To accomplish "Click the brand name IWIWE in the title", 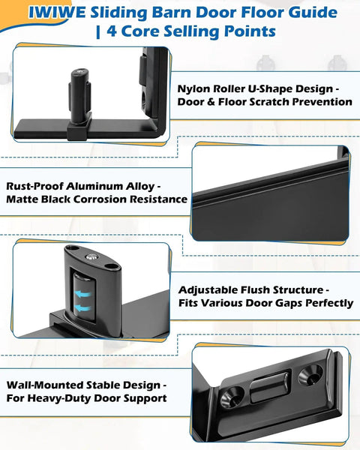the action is pos(57,13).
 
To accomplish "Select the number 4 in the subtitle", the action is pos(112,31).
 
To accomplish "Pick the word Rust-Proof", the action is pos(34,187).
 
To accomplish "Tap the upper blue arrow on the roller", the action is pos(83,294).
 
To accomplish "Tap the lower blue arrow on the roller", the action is pos(83,308).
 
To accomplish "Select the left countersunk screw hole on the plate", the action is pos(232,397).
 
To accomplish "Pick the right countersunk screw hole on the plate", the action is pos(310,376).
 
